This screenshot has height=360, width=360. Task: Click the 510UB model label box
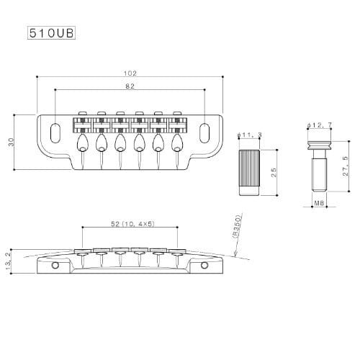pyautogui.click(x=51, y=33)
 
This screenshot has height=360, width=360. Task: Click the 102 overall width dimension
pyautogui.click(x=130, y=73)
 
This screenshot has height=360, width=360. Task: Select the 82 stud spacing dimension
pyautogui.click(x=130, y=86)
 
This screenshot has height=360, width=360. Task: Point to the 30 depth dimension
pyautogui.click(x=12, y=142)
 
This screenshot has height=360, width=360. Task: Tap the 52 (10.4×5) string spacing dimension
pyautogui.click(x=132, y=224)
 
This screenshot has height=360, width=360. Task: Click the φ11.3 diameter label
pyautogui.click(x=250, y=135)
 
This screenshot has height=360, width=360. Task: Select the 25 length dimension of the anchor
pyautogui.click(x=274, y=172)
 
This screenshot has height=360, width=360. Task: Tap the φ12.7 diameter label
pyautogui.click(x=320, y=125)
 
